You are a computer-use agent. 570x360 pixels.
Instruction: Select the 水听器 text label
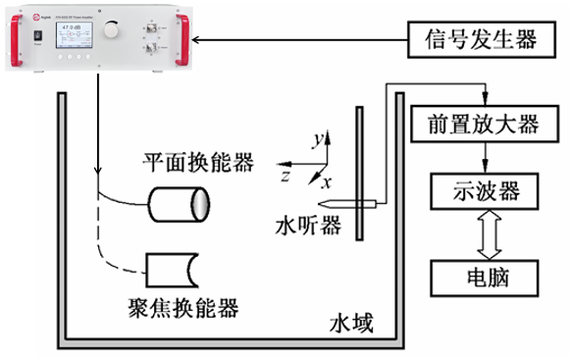pos(308,228)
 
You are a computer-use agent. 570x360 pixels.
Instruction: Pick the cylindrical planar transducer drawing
pos(180,203)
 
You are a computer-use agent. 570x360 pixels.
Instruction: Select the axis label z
pos(284,177)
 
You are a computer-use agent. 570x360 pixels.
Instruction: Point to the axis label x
pos(329,182)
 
